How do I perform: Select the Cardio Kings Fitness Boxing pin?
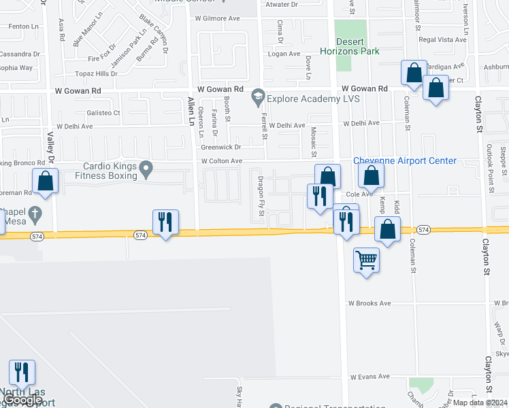coord(145,167)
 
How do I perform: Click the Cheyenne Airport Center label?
coord(405,161)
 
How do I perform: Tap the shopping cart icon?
coord(366,259)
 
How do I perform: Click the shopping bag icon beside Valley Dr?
coord(45,181)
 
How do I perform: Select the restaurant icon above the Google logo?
coord(22,372)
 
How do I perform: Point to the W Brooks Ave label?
coord(370,303)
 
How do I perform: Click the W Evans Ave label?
coord(370,376)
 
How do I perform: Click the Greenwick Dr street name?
coord(221,147)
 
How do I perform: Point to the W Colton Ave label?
coord(222,161)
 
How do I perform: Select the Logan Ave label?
coord(284,54)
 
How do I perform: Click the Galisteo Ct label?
coord(103,113)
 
